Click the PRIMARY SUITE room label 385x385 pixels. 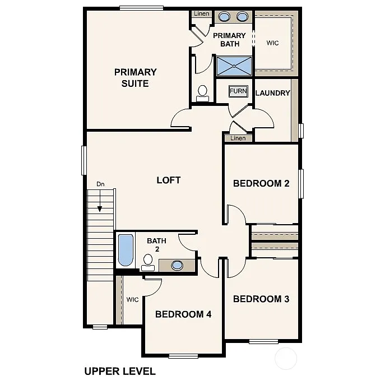[x=135, y=78]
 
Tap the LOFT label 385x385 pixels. [x=168, y=180]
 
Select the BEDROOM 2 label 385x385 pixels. [x=261, y=183]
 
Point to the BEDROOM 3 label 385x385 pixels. [x=261, y=299]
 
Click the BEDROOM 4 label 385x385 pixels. [x=183, y=314]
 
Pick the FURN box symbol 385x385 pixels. [x=238, y=91]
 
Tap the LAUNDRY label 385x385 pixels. [x=272, y=93]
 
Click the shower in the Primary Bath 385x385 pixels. [x=234, y=66]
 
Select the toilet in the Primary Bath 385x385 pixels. [x=202, y=92]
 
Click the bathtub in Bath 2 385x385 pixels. [x=126, y=251]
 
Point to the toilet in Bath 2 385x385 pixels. [x=148, y=262]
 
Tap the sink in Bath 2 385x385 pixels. [x=177, y=265]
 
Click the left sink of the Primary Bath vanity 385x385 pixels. [x=224, y=16]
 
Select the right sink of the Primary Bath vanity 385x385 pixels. [x=243, y=16]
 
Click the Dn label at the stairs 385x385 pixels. [x=100, y=183]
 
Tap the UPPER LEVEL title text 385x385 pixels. [x=119, y=370]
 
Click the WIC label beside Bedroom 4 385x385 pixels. [x=132, y=300]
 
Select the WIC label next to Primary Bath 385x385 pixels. [x=272, y=43]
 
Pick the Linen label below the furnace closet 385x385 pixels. [x=238, y=138]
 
